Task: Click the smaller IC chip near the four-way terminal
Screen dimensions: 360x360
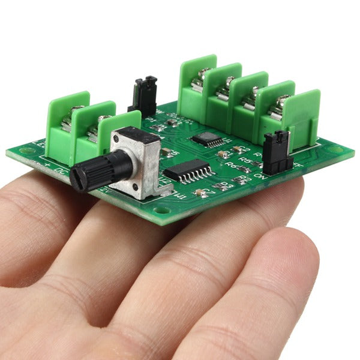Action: (x=207, y=139)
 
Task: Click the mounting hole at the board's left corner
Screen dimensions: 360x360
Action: (x=26, y=151)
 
